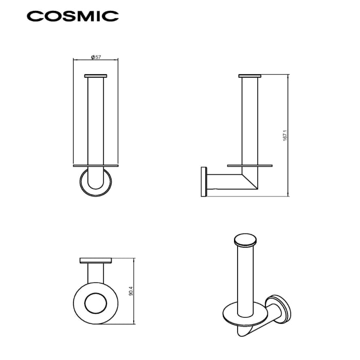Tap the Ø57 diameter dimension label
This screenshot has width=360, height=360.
click(96, 58)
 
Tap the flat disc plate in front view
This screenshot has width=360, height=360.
click(96, 167)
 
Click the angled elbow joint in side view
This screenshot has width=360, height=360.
click(251, 180)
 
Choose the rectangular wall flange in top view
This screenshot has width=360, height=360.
click(96, 260)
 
